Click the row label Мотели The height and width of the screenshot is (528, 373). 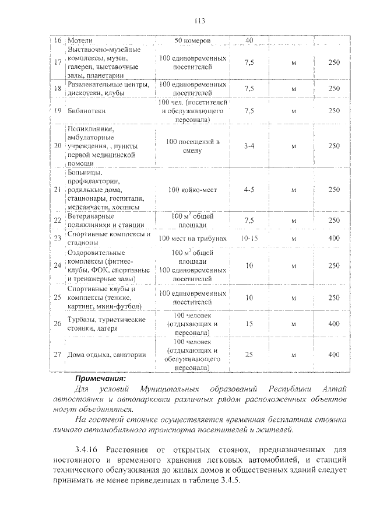point(80,41)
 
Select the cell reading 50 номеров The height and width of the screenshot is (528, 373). point(192,41)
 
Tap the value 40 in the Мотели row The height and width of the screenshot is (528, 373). point(249,41)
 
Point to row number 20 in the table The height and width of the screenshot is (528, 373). point(57,145)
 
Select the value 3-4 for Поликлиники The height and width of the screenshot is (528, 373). point(249,145)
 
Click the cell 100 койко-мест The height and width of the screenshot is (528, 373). point(192,190)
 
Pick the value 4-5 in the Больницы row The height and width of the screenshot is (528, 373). point(249,190)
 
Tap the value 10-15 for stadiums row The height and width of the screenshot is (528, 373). point(249,238)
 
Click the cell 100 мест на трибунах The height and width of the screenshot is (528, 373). point(192,238)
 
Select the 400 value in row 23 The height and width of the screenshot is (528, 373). point(333,238)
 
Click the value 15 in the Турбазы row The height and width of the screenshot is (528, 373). point(249,323)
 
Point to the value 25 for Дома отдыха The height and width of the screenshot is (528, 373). point(249,354)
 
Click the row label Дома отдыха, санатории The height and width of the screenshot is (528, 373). point(106,354)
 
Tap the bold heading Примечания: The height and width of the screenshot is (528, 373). point(100,377)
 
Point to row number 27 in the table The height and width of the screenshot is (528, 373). point(57,354)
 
